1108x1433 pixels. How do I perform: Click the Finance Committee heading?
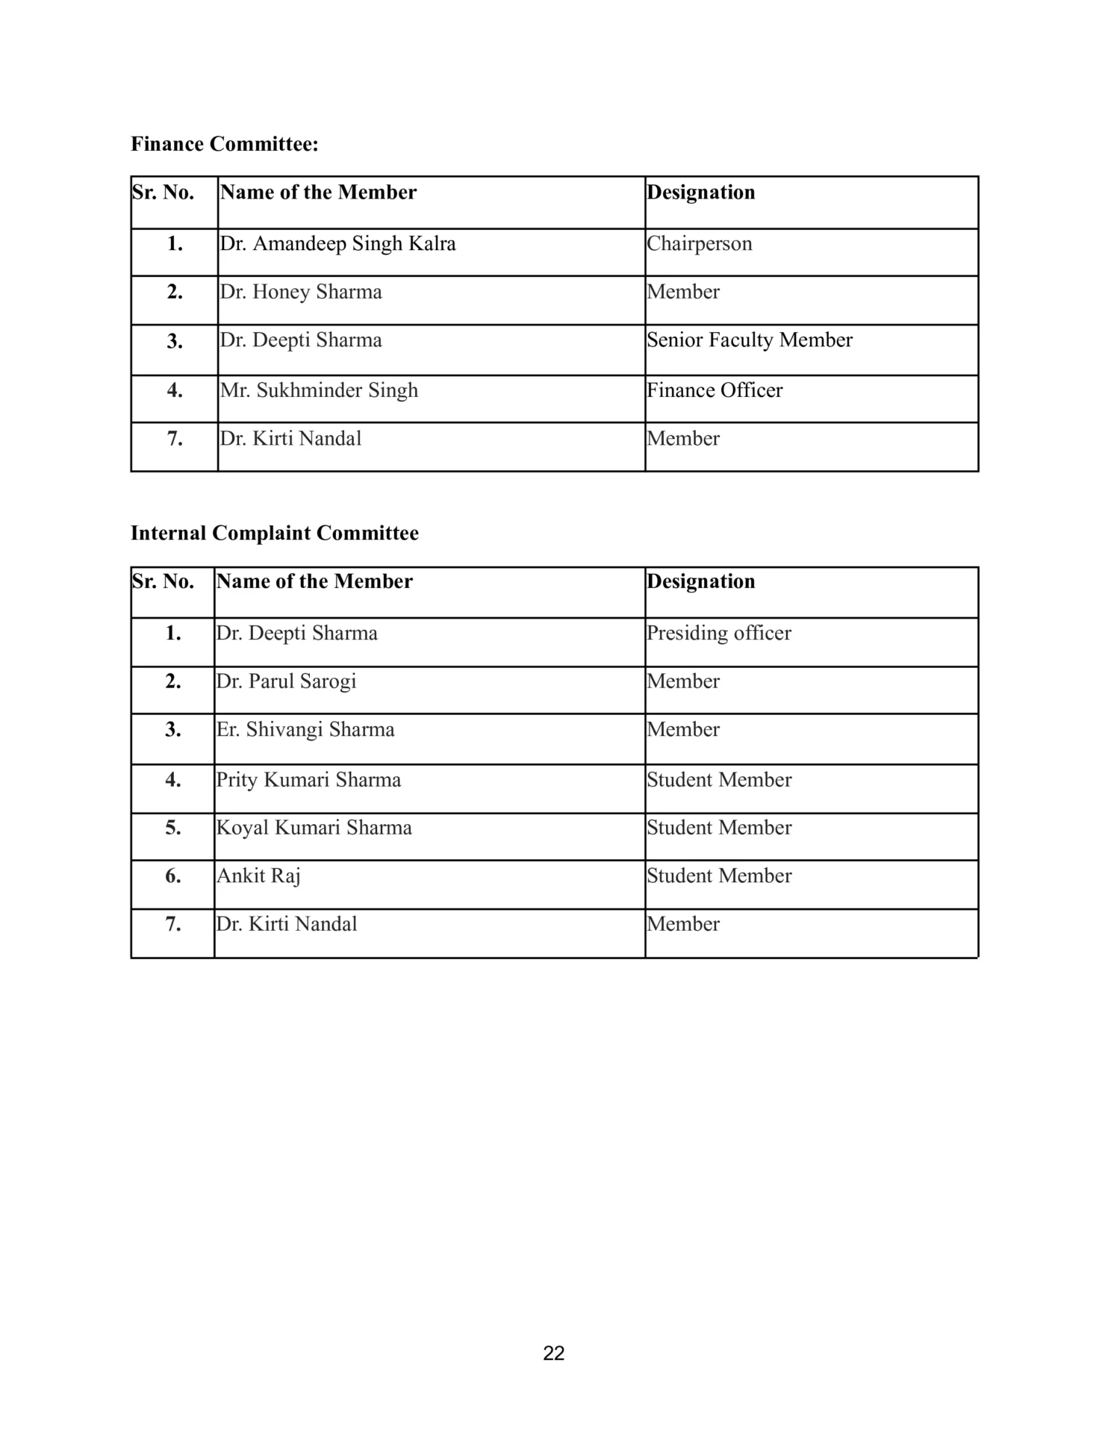click(224, 144)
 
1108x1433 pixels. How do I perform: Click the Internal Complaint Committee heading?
click(274, 533)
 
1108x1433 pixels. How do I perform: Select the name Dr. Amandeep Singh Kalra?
click(337, 244)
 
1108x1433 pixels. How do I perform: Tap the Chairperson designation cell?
click(699, 244)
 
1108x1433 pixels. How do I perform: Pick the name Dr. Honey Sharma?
click(300, 292)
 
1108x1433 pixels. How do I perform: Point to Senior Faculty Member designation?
click(749, 340)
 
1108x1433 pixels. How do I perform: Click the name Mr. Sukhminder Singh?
click(319, 390)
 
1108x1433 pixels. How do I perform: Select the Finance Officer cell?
click(715, 390)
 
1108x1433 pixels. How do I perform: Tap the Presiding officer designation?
click(718, 633)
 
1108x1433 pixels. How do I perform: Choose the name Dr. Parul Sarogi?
click(286, 681)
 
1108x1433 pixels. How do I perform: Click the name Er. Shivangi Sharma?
click(305, 730)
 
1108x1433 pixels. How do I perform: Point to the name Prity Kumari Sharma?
click(308, 780)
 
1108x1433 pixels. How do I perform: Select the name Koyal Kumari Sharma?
click(314, 828)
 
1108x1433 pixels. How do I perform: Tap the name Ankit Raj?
click(258, 876)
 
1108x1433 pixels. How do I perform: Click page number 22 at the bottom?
click(553, 1353)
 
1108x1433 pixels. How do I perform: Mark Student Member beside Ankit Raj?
click(718, 876)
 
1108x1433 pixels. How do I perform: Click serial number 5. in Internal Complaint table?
click(173, 828)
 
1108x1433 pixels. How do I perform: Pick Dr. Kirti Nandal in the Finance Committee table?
click(290, 439)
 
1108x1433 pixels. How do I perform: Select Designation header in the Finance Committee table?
click(700, 193)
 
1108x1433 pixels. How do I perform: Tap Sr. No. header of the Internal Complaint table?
click(163, 581)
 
